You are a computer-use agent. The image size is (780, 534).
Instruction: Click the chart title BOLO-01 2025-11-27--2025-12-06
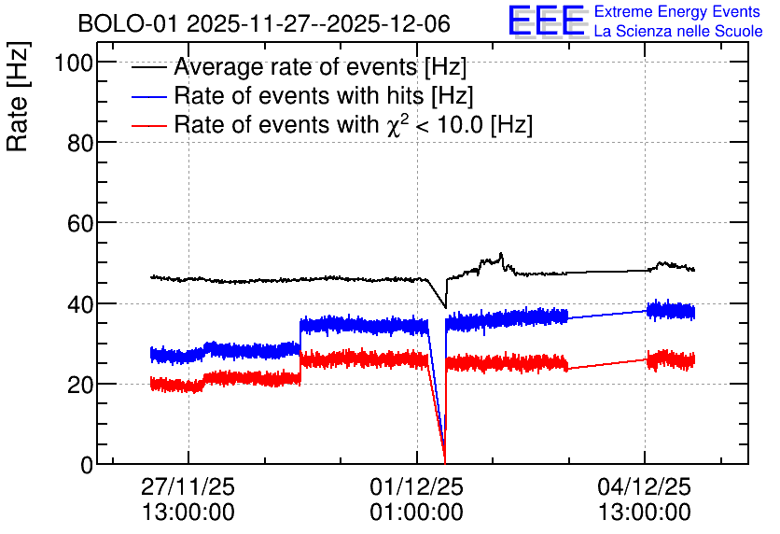(264, 23)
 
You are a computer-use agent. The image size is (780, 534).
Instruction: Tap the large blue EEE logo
(547, 21)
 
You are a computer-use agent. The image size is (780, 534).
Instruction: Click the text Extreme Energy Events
(677, 11)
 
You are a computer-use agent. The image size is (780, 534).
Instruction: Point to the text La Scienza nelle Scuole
(678, 31)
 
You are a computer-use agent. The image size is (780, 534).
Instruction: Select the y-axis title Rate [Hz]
(18, 96)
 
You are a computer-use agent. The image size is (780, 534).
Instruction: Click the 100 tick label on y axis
(74, 63)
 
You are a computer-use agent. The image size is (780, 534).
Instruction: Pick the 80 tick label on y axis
(80, 144)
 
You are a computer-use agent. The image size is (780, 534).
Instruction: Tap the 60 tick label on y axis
(80, 224)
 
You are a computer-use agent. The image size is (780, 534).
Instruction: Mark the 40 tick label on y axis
(80, 304)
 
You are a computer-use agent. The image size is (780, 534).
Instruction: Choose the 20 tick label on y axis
(80, 385)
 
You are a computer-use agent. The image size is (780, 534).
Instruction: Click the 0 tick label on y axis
(88, 465)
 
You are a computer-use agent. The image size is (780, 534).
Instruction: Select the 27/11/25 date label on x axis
(188, 486)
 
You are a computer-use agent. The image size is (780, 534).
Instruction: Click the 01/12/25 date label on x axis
(416, 486)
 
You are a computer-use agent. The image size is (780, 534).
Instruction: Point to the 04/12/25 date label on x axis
(645, 486)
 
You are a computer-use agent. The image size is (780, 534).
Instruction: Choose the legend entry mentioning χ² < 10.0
(354, 124)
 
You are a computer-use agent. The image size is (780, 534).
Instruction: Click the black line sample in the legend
(148, 67)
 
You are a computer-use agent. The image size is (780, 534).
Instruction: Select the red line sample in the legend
(148, 125)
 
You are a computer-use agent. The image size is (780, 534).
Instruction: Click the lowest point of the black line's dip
(445, 307)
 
